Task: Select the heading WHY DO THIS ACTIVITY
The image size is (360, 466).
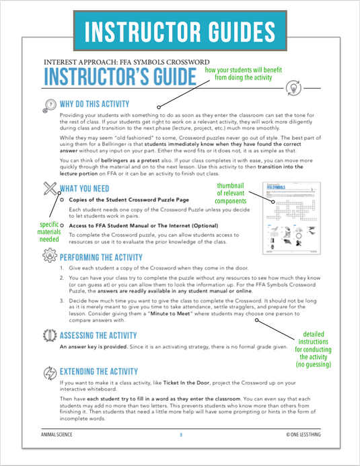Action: [94, 104]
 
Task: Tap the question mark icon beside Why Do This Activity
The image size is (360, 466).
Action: [49, 105]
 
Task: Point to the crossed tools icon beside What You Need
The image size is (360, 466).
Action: [49, 188]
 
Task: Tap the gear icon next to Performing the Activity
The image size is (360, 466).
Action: [49, 257]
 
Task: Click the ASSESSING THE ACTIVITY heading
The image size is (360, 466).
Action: [108, 335]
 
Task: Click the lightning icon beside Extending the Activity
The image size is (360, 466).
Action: [49, 372]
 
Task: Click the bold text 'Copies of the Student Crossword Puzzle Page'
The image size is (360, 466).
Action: [135, 200]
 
